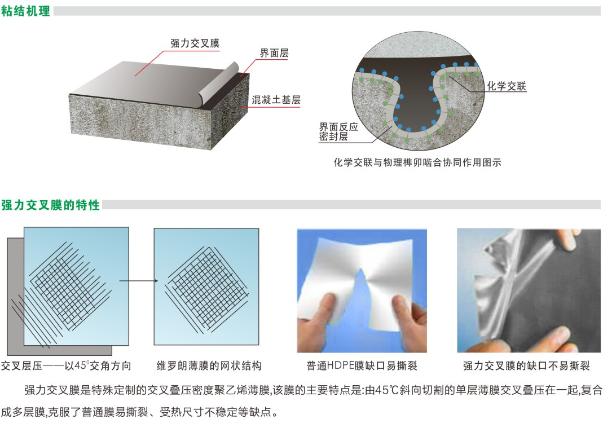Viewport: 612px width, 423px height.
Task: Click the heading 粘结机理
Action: pos(26,11)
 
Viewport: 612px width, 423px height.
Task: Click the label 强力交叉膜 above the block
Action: pos(195,43)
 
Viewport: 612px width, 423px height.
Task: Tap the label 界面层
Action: pos(274,53)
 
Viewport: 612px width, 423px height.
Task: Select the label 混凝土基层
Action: pos(276,100)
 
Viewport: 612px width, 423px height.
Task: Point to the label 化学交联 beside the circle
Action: pos(507,86)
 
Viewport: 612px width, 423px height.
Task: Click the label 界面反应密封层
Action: pos(338,131)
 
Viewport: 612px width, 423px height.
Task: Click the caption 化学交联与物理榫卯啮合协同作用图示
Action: pos(417,162)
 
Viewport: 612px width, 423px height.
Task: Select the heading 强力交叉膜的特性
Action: pos(50,205)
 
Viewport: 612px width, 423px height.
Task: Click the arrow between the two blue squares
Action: pos(139,281)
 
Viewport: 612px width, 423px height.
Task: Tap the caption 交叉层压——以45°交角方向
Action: pos(66,365)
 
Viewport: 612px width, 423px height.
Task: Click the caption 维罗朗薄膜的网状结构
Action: pos(209,365)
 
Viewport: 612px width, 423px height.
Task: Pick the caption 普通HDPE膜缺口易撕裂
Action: pos(362,365)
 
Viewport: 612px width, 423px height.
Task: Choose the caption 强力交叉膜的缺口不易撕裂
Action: pos(526,365)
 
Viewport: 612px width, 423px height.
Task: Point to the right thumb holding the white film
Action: pos(402,309)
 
